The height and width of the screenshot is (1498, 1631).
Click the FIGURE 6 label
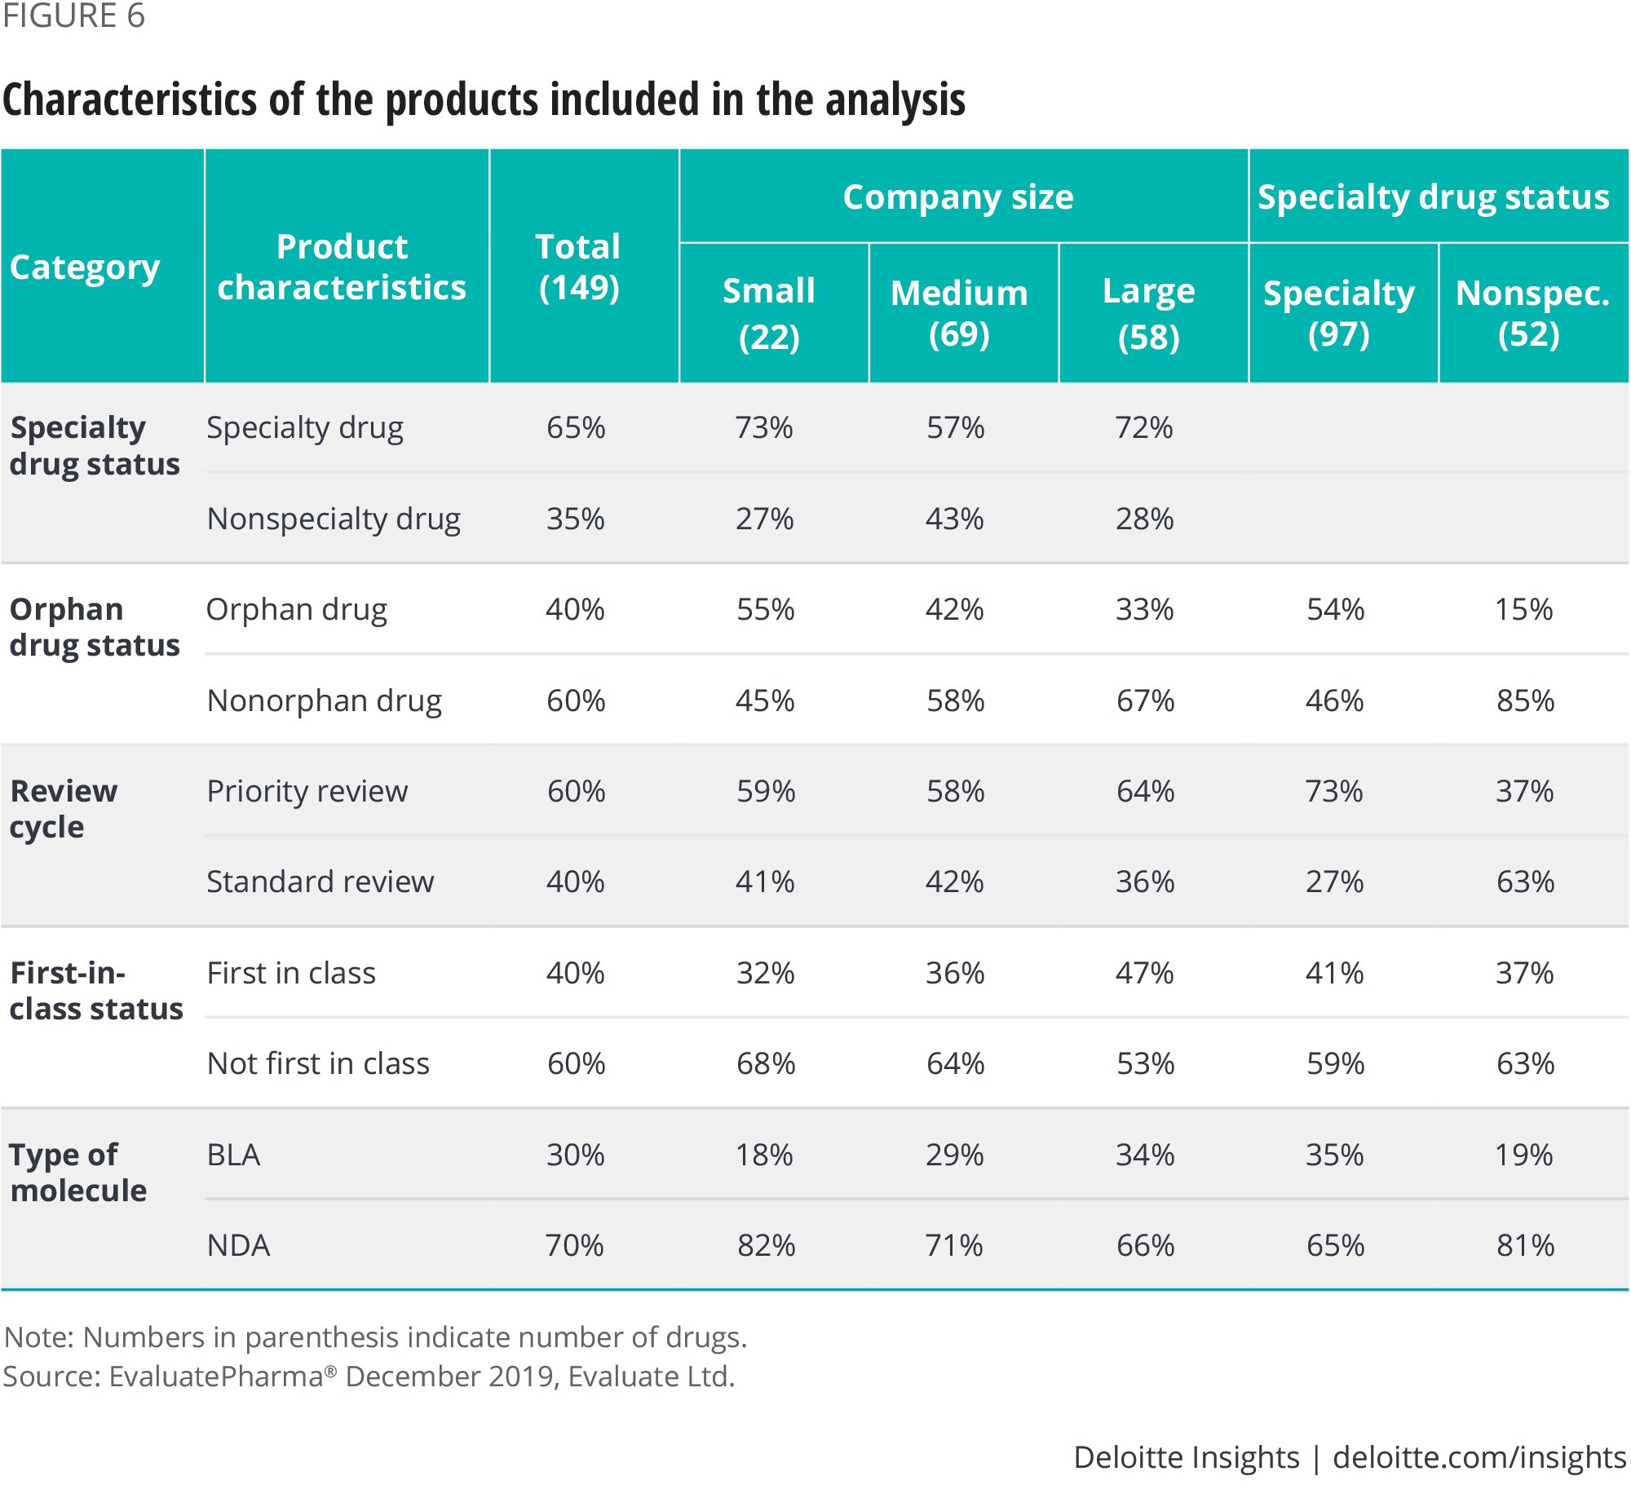(x=73, y=16)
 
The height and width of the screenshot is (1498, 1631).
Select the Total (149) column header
(x=578, y=267)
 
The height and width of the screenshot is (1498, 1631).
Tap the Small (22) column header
(x=768, y=313)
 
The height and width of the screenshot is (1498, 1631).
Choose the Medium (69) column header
(x=959, y=313)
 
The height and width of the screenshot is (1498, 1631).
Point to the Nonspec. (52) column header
(x=1531, y=313)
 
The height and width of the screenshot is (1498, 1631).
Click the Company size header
(x=958, y=197)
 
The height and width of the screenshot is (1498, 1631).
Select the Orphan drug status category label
(x=94, y=627)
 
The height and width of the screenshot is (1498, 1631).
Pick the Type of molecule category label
(x=77, y=1173)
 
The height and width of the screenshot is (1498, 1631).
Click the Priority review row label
(x=307, y=791)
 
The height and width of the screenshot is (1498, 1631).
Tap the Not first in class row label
(x=318, y=1063)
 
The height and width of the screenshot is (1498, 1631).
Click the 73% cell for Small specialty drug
(x=764, y=427)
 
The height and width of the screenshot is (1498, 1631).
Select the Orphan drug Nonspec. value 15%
(x=1523, y=609)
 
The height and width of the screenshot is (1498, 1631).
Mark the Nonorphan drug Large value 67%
(x=1145, y=700)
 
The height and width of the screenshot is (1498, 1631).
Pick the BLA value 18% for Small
(x=764, y=1155)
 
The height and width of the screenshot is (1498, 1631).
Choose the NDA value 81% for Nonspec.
(x=1525, y=1245)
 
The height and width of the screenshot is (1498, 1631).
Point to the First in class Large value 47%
(x=1144, y=973)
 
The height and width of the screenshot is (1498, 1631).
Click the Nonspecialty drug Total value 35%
(x=576, y=519)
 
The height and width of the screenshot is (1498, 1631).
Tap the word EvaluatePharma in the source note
(x=216, y=1376)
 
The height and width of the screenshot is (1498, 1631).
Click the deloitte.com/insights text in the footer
(x=1479, y=1457)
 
